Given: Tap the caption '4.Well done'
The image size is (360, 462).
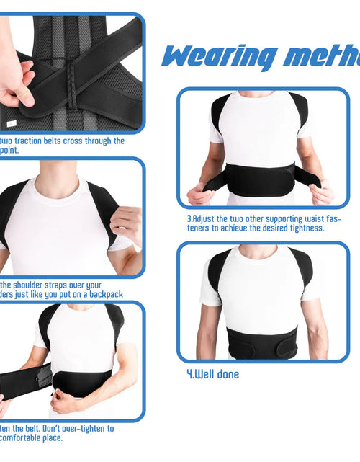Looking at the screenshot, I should [x=209, y=374].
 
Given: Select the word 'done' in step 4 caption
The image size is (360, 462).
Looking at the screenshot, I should [x=226, y=374].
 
